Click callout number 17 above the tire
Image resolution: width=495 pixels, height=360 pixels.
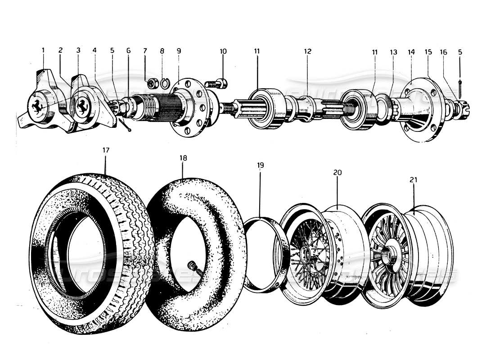tap(105, 151)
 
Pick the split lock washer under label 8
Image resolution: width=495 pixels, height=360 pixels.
tap(165, 84)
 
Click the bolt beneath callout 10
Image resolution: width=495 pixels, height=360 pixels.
tap(218, 83)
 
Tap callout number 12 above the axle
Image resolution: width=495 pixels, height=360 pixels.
tap(307, 51)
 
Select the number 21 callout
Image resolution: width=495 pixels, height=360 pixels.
tap(414, 180)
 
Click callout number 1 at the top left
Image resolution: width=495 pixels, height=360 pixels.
tap(43, 51)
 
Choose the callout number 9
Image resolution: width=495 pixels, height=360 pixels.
tap(179, 51)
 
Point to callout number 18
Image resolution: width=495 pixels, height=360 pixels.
tap(183, 158)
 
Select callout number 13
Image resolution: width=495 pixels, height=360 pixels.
tap(394, 52)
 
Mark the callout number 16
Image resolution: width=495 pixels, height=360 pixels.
tap(444, 52)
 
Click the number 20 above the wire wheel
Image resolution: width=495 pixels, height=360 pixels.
tap(337, 172)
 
